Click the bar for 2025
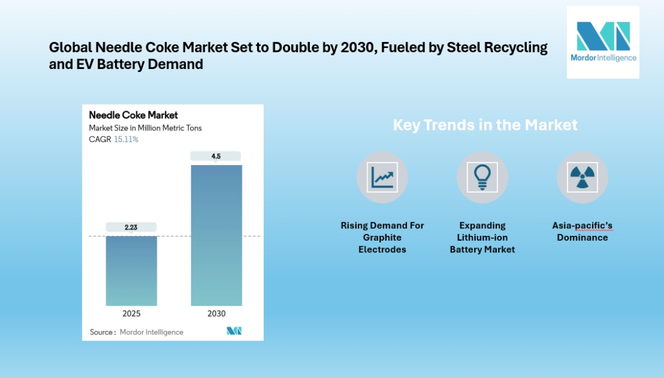131,271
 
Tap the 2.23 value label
131,227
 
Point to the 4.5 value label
216,156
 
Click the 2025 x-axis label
131,313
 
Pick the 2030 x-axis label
216,313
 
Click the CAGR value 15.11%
126,139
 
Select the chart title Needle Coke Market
133,115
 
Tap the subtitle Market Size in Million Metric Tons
145,128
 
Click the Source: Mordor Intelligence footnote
136,332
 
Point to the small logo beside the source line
234,331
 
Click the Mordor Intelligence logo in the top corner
603,42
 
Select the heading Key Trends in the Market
485,125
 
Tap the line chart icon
382,177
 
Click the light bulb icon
482,177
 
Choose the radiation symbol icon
582,177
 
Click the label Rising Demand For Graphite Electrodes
382,237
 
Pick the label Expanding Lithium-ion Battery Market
482,237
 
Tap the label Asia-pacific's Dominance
582,231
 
